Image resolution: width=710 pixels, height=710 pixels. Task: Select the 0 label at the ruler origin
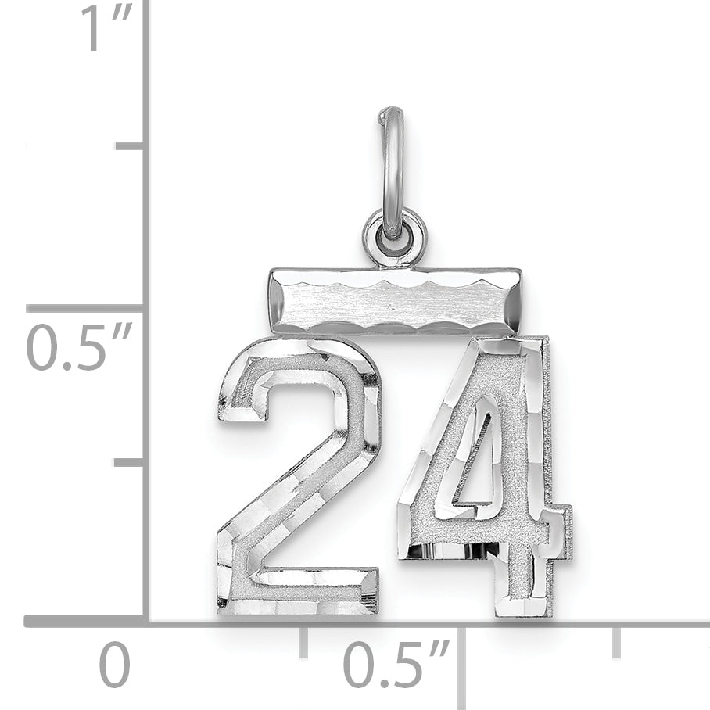(x=115, y=665)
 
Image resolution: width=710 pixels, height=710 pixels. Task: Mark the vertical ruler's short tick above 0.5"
(x=129, y=145)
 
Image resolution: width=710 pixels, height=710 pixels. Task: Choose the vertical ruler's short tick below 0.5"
(x=129, y=463)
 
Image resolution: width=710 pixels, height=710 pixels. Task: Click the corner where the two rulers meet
(x=145, y=622)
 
